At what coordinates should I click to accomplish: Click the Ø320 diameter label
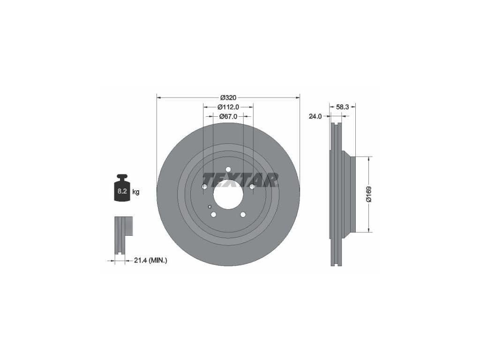pos(228,97)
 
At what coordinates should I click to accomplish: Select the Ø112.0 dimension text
pos(228,107)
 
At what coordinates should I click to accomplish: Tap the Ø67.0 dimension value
pos(228,116)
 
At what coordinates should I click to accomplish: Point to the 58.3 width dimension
pos(343,107)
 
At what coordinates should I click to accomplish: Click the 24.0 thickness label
pos(315,116)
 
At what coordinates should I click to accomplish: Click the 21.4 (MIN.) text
pos(150,261)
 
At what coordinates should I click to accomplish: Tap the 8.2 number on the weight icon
pos(122,191)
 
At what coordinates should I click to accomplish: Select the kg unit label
pos(135,192)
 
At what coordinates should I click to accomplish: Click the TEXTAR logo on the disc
pos(240,180)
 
